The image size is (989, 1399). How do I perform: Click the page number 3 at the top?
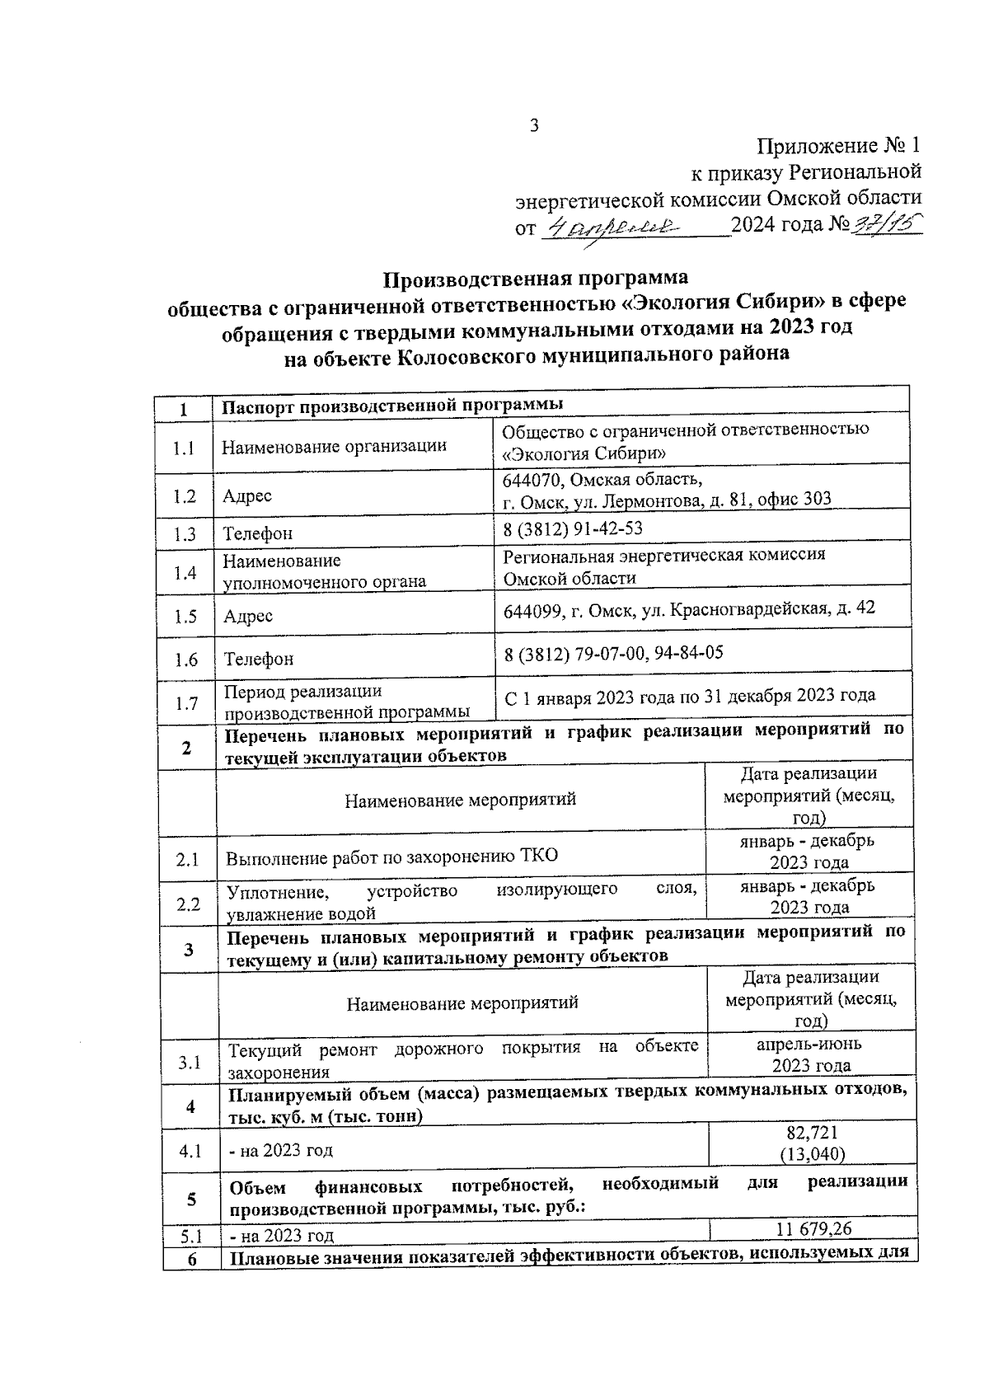click(x=533, y=125)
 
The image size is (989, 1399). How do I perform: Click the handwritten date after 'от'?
click(x=613, y=226)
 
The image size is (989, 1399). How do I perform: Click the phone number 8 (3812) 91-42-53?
click(x=573, y=528)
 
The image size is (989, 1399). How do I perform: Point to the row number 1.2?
click(x=185, y=496)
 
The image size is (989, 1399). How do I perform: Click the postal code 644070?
click(x=531, y=479)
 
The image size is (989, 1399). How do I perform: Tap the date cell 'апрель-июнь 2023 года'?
click(x=810, y=1054)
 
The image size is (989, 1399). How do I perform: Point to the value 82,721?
click(x=812, y=1133)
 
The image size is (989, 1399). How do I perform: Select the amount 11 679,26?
click(x=813, y=1229)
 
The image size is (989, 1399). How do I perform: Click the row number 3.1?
click(x=190, y=1063)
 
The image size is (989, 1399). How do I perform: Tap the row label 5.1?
click(x=191, y=1236)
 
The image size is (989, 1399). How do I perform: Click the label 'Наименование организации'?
click(x=334, y=447)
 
